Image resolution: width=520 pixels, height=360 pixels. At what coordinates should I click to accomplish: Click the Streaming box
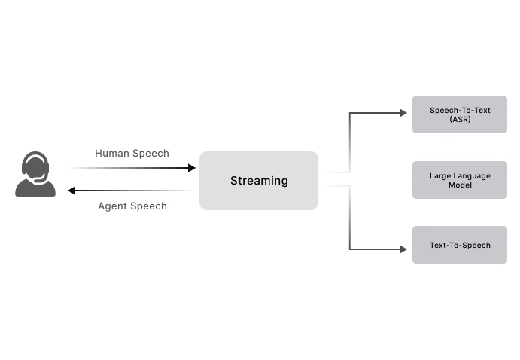258,181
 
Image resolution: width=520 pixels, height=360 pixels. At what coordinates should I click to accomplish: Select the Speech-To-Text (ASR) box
459,114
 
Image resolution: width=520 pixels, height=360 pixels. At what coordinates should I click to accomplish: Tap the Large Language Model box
459,180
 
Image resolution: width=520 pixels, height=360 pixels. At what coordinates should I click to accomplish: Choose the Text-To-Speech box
459,245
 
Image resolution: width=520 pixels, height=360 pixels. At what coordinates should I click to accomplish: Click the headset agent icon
35,175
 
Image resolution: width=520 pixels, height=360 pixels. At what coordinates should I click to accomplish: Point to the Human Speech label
132,154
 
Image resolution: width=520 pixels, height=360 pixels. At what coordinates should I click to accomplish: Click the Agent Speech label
132,206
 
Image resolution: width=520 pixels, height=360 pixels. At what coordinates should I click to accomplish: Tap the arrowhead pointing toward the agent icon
72,191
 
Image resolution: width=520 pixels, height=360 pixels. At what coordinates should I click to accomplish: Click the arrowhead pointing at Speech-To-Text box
403,113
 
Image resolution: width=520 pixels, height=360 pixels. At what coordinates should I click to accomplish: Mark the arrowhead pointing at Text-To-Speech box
403,249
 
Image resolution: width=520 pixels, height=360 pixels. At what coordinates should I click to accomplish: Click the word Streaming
258,181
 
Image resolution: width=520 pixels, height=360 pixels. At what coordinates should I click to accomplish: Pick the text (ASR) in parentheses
460,120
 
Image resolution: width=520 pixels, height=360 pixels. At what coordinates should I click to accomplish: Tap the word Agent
113,206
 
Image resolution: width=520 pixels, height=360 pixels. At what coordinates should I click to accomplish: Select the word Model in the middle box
460,185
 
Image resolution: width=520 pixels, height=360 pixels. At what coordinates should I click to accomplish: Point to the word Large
440,175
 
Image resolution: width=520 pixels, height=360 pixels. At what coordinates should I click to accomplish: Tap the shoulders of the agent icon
35,188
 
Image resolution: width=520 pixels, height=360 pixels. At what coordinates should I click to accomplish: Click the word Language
471,175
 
